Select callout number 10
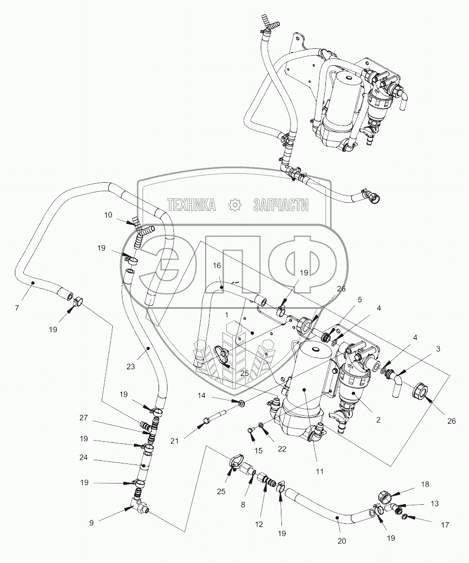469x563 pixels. tap(108, 215)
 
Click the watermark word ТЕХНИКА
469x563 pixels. tap(191, 205)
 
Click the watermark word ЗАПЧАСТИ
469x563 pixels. tap(281, 205)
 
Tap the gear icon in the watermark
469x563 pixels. tap(235, 205)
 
